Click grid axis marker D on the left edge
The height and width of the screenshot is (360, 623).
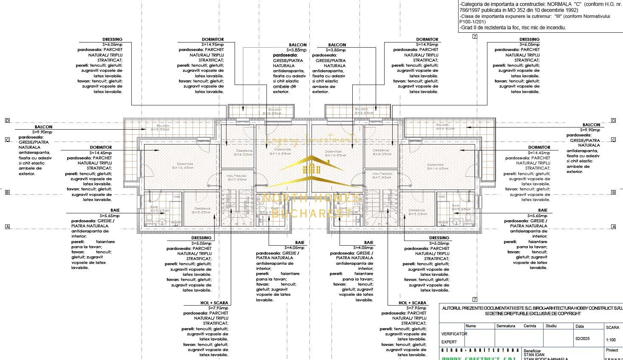coord(7,121)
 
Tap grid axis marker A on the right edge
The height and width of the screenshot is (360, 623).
coord(613,227)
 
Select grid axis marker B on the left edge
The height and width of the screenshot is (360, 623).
coord(7,193)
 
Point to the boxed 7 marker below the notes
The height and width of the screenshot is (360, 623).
coord(475,36)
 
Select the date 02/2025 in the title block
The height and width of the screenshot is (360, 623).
coord(582,339)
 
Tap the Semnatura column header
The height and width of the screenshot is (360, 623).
coord(505,326)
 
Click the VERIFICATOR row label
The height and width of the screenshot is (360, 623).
coord(454,334)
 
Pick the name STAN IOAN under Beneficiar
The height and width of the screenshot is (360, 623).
coord(534,354)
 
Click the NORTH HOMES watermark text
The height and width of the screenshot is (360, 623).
coord(311,198)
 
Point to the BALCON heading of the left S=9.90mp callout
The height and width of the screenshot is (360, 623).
coord(43,127)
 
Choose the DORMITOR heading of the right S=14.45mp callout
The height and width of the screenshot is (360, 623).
coord(539,147)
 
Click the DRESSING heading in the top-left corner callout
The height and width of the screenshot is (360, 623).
coord(112,40)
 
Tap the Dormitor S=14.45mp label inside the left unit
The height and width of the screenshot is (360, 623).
coord(183,166)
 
